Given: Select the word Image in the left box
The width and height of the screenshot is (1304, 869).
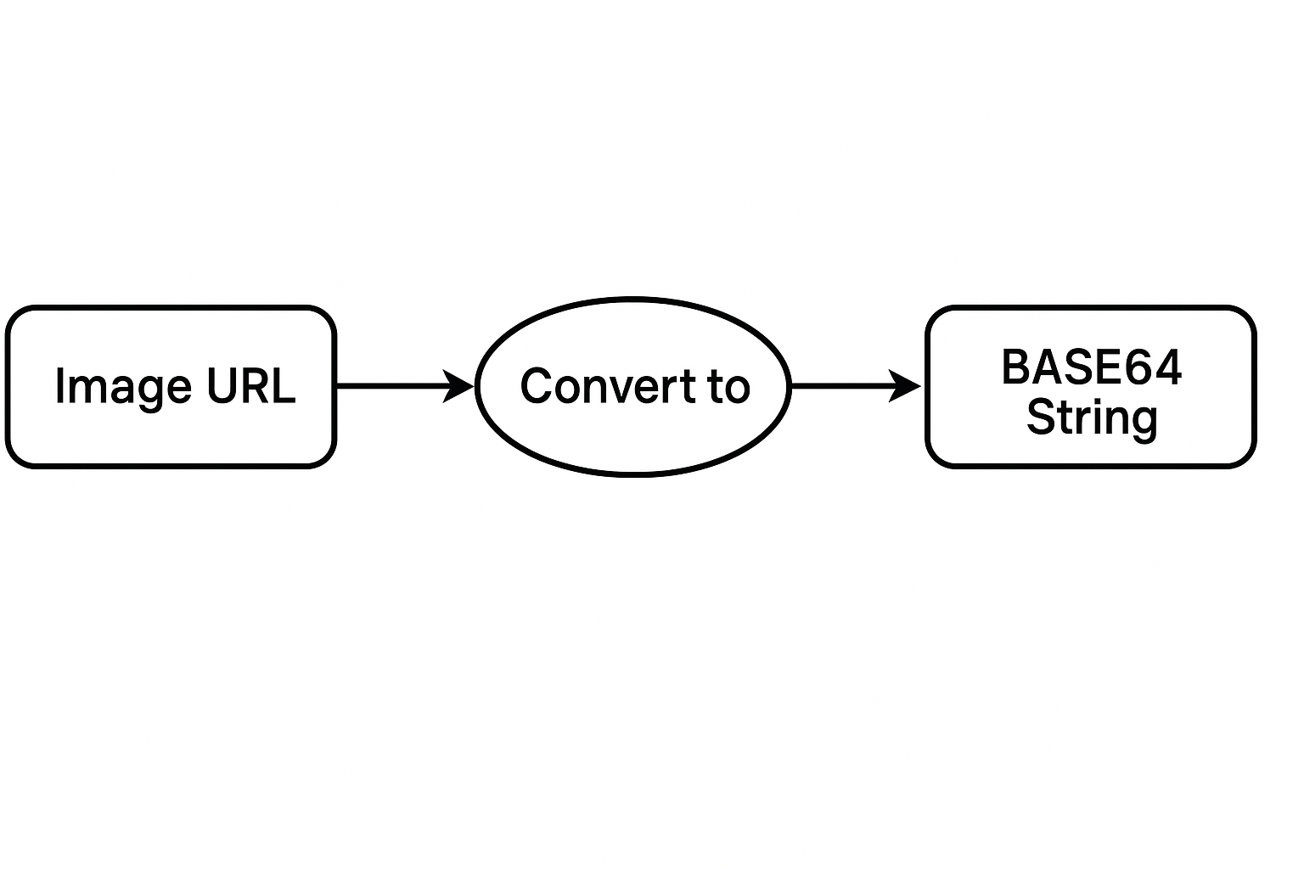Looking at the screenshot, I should point(122,387).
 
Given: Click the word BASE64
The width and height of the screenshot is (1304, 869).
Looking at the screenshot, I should point(1091,367).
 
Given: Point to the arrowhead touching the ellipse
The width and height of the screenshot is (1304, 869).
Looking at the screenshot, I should point(461,386).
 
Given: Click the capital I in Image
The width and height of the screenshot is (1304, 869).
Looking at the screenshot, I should point(59,386).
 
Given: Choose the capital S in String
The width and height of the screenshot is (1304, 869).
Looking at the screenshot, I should point(1041,417).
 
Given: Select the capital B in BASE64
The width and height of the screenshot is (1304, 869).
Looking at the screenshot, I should point(1015,367).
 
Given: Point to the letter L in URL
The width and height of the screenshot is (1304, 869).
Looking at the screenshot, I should point(285,386).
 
